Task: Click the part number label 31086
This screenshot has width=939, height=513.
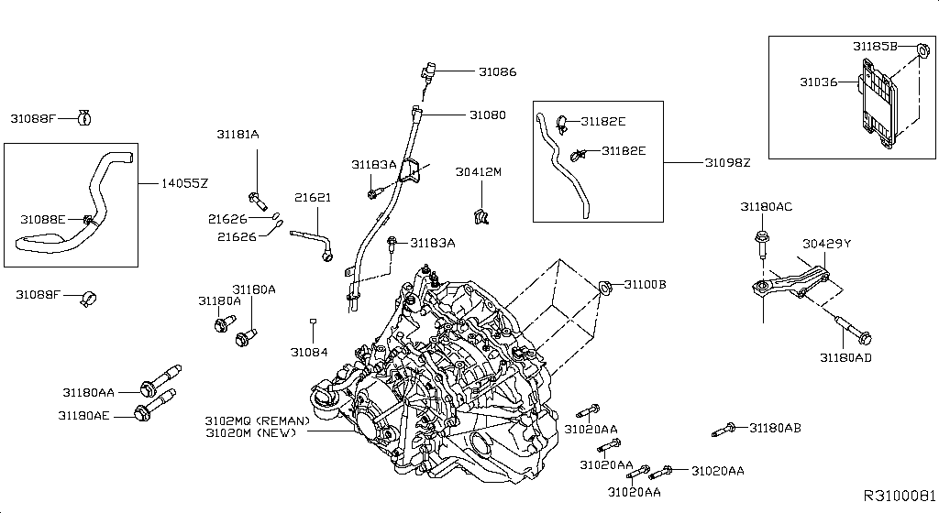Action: click(497, 71)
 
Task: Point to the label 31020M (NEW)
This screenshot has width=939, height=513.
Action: click(250, 432)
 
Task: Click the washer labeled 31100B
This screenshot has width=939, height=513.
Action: click(605, 289)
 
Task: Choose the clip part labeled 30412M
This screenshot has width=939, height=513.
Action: click(479, 217)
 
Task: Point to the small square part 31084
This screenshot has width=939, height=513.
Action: click(313, 322)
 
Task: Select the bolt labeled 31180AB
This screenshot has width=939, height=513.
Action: click(724, 429)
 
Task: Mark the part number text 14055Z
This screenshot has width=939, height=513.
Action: click(186, 183)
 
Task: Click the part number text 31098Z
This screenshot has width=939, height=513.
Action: click(727, 162)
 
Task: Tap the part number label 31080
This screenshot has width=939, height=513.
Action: click(487, 115)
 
